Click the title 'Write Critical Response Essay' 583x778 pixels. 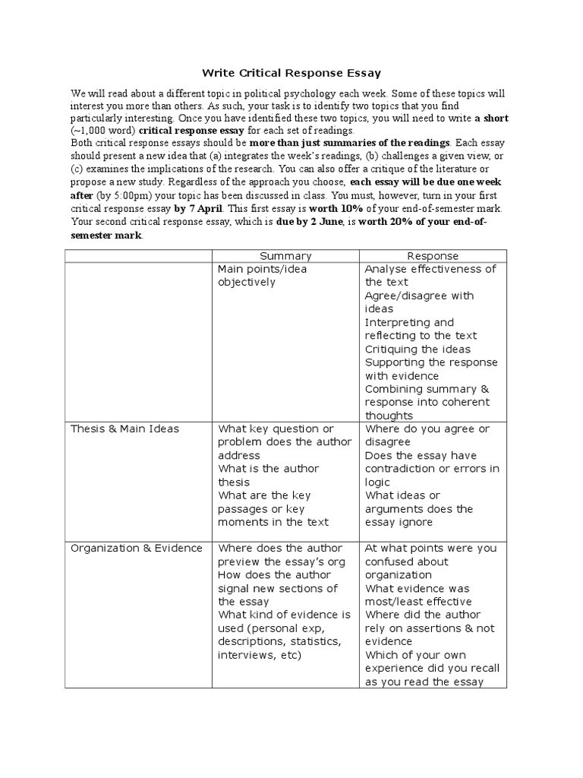tap(291, 73)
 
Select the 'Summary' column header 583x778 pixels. tap(285, 256)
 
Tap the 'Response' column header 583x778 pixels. tap(433, 256)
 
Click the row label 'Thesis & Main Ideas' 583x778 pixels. tap(124, 429)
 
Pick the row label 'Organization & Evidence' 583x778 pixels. tap(136, 549)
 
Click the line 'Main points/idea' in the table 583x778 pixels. tap(262, 269)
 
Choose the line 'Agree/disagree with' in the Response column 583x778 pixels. tap(419, 296)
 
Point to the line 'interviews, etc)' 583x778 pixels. tap(259, 655)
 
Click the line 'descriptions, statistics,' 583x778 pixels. tap(279, 641)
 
